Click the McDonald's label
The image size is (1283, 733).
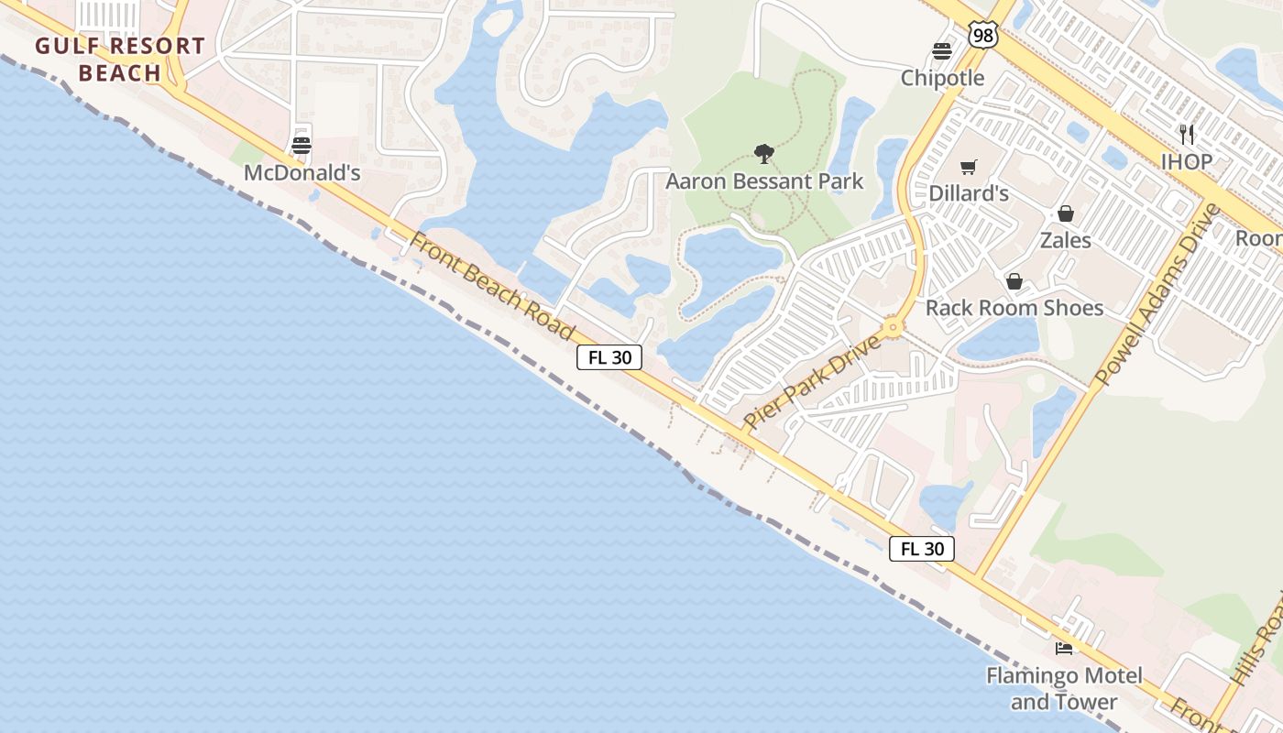pos(302,172)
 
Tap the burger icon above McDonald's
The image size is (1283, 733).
pos(302,145)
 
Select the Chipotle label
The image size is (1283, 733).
pos(942,78)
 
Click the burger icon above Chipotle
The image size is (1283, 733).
pos(942,50)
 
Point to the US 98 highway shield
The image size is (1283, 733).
pos(981,36)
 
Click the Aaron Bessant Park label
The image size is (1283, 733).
pos(764,181)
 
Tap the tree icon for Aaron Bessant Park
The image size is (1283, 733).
pos(763,153)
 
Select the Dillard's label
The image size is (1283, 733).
pos(969,193)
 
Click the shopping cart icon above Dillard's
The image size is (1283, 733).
pos(969,167)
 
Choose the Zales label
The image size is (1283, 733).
pos(1066,240)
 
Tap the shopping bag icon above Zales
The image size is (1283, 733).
pos(1066,213)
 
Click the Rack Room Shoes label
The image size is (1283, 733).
pos(1014,307)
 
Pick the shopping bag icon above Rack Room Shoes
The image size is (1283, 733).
pos(1014,280)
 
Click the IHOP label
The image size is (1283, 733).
pos(1187,161)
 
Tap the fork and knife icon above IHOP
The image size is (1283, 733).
pos(1187,135)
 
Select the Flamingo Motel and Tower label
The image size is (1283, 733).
pos(1064,689)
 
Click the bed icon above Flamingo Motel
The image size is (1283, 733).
pos(1064,649)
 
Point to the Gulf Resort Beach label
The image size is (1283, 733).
pos(120,60)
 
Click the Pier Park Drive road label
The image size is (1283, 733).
pos(812,382)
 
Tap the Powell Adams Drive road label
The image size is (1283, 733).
pos(1159,294)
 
